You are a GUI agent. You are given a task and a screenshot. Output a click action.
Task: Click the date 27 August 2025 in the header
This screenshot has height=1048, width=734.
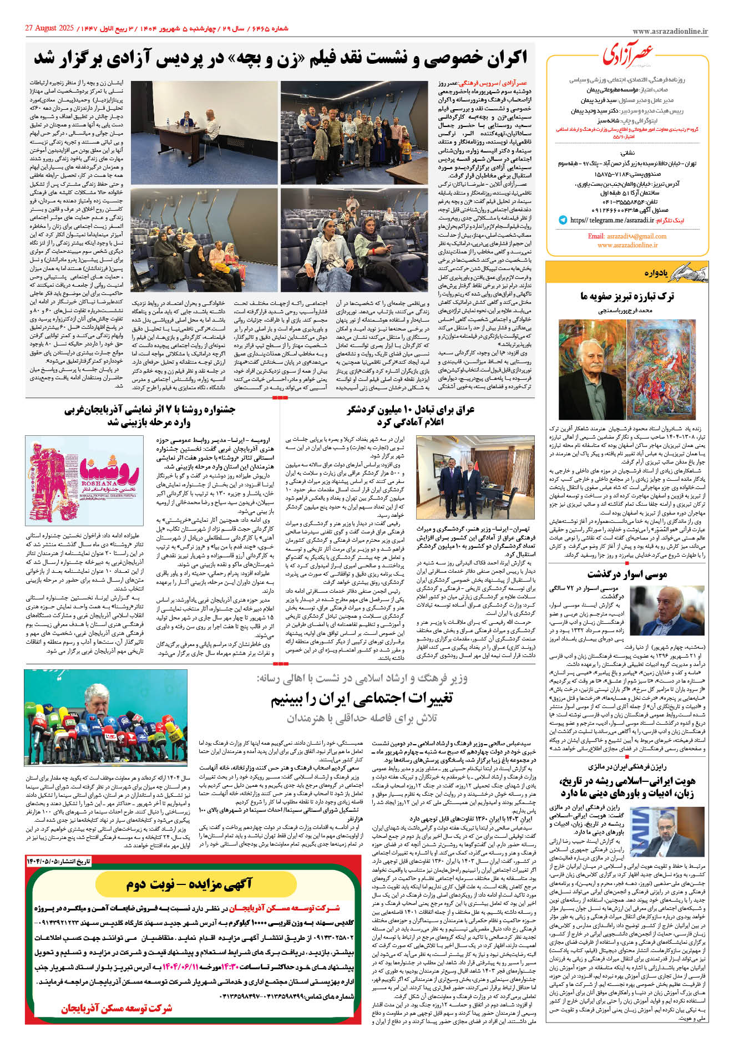pos(49,28)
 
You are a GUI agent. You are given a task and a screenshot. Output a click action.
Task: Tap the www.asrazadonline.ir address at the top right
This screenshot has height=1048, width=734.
pos(670,32)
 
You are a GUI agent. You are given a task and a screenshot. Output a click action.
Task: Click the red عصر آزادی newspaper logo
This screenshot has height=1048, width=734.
pos(628,54)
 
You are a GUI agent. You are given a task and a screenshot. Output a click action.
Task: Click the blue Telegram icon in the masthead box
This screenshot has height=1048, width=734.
pos(563,220)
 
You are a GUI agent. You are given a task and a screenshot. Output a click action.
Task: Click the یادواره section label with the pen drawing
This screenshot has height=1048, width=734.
pos(669,272)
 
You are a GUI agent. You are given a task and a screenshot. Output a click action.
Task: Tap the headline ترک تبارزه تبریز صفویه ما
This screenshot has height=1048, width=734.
pos(627,297)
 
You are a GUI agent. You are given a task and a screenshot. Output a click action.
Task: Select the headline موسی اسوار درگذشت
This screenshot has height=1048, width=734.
pos(627,574)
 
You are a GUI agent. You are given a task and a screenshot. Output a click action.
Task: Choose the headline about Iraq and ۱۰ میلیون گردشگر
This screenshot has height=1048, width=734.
pos(411,416)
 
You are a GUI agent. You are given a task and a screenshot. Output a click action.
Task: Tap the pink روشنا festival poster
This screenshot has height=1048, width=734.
pos(84,480)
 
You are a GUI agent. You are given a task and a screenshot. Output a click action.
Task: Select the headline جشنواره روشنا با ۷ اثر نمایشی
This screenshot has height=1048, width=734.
pos(150,416)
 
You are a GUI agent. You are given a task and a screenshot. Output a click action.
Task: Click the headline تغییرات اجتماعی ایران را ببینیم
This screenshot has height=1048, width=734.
pos(362,699)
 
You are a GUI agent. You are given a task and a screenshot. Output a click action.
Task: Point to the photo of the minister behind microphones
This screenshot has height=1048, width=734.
pos(105,718)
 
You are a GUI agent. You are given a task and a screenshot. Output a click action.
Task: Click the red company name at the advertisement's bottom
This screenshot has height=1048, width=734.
pos(117,1009)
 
